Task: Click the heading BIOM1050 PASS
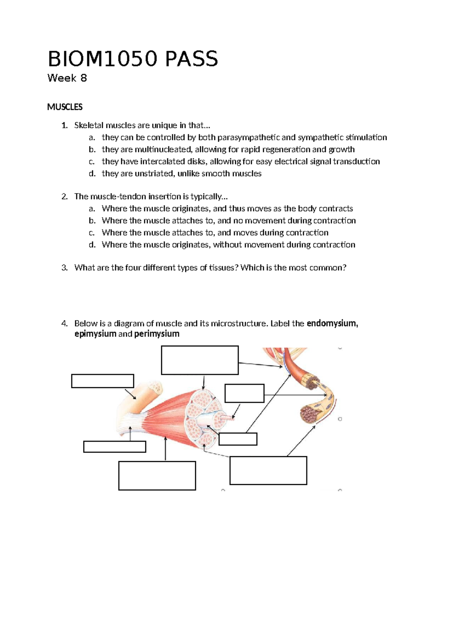pos(133,59)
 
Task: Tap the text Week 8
pos(67,78)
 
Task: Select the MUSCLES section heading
pos(65,107)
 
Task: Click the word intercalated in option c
pos(163,162)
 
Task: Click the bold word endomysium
pos(332,323)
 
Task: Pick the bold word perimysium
pos(157,334)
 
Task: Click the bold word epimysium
pos(95,334)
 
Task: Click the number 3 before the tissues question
pos(64,268)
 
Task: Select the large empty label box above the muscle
pos(200,360)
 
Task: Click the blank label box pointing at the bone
pos(102,381)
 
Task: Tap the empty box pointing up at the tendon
pos(114,446)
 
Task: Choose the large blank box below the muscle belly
pos(157,475)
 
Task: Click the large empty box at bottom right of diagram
pos(268,470)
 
